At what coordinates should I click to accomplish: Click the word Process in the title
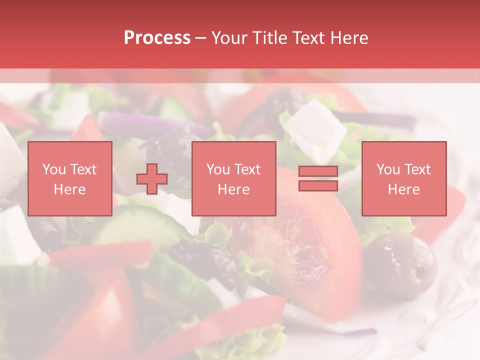tap(157, 38)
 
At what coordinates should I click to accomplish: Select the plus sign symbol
tap(152, 178)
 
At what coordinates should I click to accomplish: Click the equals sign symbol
tap(318, 178)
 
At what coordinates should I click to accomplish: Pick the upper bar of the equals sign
tap(318, 171)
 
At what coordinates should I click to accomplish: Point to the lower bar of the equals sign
tap(318, 185)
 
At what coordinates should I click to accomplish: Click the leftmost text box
tap(70, 178)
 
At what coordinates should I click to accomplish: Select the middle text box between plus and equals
tap(233, 178)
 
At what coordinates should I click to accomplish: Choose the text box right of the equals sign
tap(403, 178)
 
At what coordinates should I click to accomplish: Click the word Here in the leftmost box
tap(70, 189)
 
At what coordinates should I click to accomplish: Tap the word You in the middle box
tap(218, 169)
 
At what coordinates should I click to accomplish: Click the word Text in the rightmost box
tap(417, 169)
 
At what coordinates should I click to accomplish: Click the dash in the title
tap(200, 38)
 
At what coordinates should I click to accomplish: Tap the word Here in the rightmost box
tap(403, 189)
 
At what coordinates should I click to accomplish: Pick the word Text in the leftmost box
tap(83, 169)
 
